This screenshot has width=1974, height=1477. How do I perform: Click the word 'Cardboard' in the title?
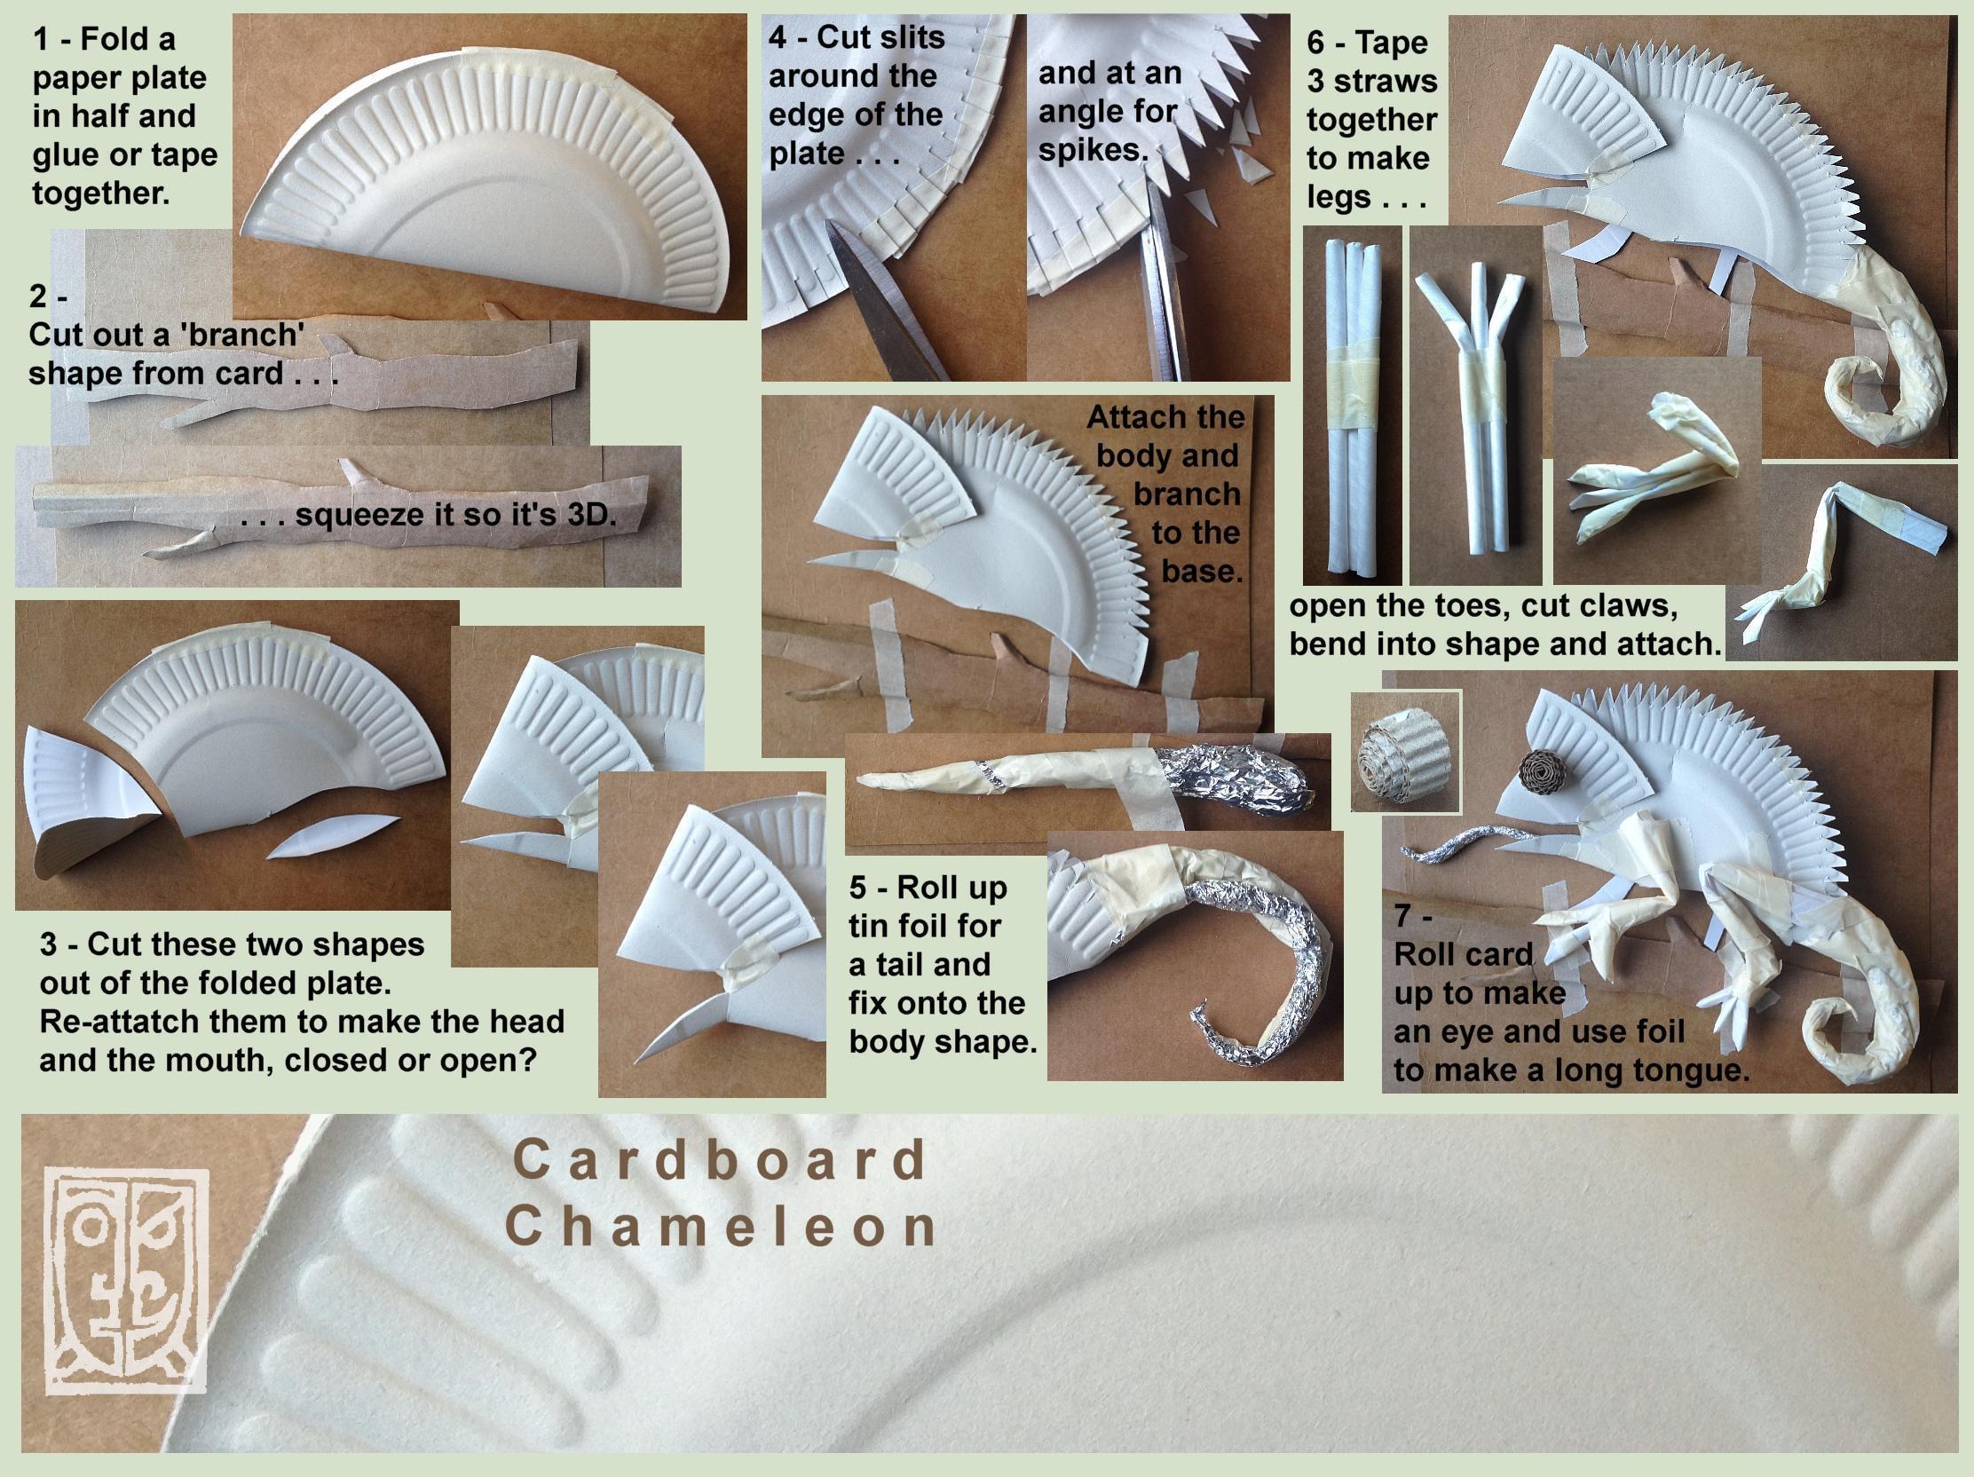(721, 1160)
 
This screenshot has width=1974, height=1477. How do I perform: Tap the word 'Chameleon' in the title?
(721, 1226)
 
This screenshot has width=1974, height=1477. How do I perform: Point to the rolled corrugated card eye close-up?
(1406, 752)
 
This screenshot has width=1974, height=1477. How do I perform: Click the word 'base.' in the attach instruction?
(1202, 571)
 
